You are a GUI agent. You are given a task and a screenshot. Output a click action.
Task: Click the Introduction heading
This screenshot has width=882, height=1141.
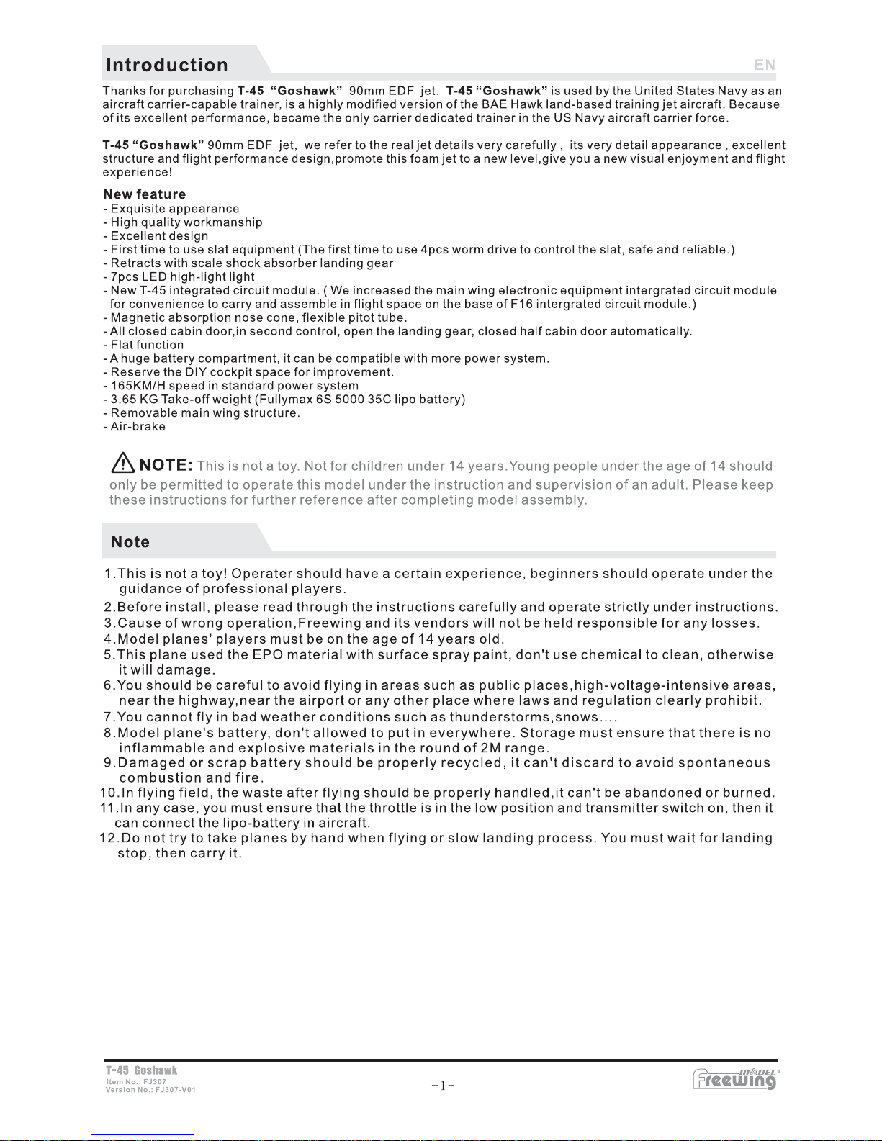[167, 65]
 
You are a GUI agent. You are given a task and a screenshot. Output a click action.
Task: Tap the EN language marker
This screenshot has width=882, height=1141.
[765, 65]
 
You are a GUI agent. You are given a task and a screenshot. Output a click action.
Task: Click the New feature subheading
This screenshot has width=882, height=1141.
[145, 194]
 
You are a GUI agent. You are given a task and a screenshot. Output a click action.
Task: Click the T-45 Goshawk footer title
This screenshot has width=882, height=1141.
[141, 1070]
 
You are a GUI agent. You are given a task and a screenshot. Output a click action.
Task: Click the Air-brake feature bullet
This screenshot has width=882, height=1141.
[138, 427]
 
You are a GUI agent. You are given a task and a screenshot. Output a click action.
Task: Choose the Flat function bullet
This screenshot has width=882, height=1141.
[147, 345]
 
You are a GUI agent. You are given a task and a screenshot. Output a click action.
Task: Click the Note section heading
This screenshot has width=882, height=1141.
[130, 542]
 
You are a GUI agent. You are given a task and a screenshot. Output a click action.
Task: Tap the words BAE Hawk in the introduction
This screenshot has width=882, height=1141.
[512, 104]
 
